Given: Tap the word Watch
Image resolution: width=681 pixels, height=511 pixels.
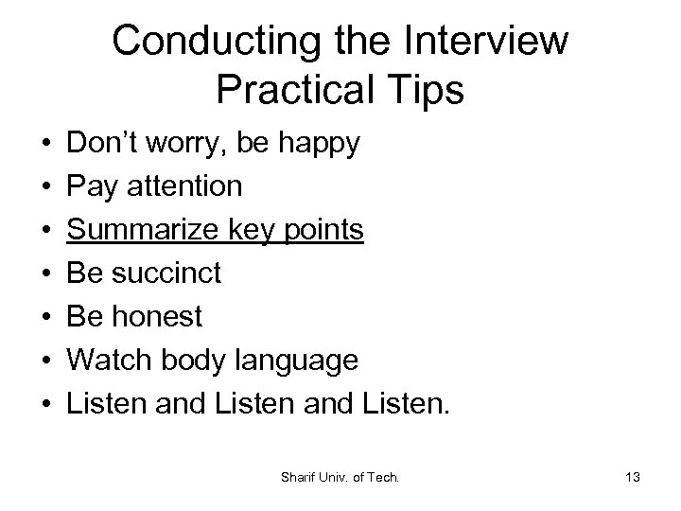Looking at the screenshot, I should [106, 361].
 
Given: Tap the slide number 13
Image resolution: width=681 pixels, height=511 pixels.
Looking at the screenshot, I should [633, 478].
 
